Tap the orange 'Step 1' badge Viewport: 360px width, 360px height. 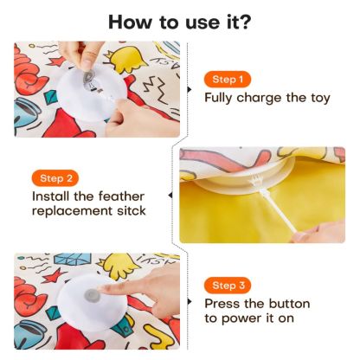pyautogui.click(x=228, y=80)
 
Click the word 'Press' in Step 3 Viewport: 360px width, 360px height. pyautogui.click(x=223, y=304)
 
